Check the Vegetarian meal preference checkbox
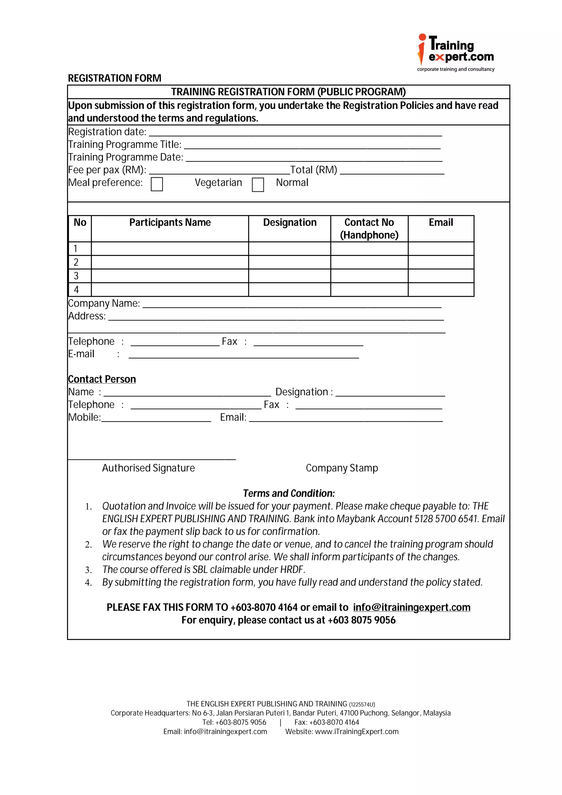pos(157,184)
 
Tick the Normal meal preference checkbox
pos(258,185)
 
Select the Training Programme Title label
pos(125,144)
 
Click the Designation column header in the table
pos(290,222)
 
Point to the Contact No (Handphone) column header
pos(369,229)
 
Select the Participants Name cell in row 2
pos(170,262)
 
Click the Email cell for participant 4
pos(440,289)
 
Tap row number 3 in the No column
pos(77,276)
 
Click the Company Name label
pos(104,303)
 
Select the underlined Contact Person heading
pos(102,379)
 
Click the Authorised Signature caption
pos(148,468)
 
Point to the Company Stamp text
pos(341,468)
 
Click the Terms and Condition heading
pos(289,494)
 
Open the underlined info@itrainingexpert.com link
pos(411,607)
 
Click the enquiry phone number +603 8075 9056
pos(361,620)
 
